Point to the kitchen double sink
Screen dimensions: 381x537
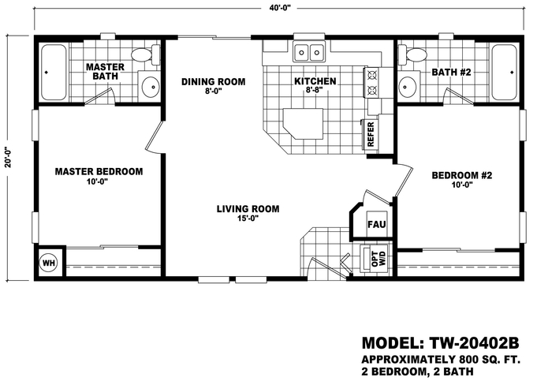click(310, 53)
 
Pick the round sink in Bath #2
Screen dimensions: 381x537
click(408, 87)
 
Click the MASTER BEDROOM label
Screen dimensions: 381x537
click(98, 171)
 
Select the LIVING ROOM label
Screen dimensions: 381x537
click(248, 209)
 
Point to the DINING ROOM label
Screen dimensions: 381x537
click(213, 81)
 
